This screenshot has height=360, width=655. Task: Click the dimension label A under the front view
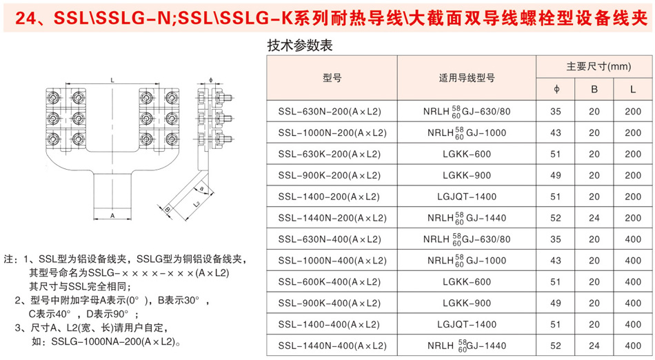[x=112, y=215]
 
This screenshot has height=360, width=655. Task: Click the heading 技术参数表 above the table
[x=300, y=46]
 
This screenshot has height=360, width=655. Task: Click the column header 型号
[x=332, y=78]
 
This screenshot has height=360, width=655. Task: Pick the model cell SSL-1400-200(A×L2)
[x=330, y=197]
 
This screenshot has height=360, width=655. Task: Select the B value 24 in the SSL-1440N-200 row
[x=594, y=218]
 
